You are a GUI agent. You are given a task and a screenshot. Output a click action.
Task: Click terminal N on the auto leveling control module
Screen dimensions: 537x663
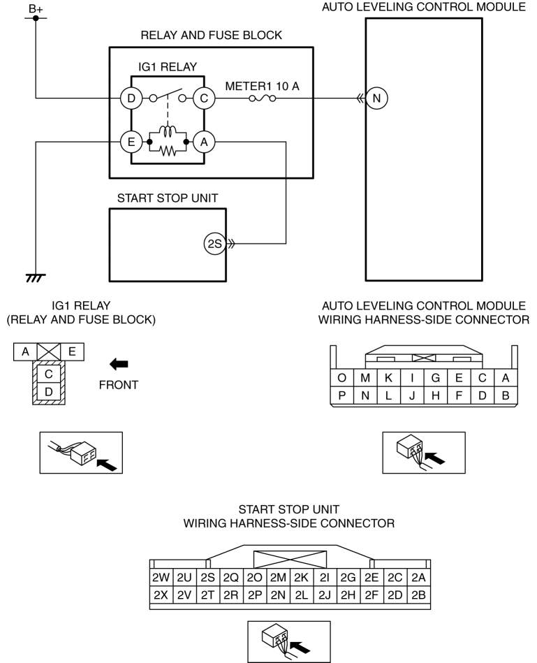(x=376, y=99)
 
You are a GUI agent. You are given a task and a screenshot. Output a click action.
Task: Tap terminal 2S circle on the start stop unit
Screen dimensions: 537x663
(x=215, y=244)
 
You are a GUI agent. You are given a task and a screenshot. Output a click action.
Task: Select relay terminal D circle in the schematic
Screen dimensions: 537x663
(x=131, y=99)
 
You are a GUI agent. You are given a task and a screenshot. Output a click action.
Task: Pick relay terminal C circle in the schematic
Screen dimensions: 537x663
(x=204, y=99)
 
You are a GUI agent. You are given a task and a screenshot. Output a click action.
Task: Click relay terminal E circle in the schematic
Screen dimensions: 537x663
(x=131, y=142)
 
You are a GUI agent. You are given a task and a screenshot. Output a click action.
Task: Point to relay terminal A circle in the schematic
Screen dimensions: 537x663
(x=204, y=142)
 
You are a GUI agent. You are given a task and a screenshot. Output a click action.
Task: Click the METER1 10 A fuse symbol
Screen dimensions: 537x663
(x=263, y=99)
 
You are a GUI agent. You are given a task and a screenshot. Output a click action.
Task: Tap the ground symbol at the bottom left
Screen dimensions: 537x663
(x=36, y=278)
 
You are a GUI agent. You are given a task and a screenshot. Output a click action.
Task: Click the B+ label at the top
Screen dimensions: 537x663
(x=36, y=8)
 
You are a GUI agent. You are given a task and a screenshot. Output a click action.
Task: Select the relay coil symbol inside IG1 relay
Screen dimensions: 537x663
(x=168, y=131)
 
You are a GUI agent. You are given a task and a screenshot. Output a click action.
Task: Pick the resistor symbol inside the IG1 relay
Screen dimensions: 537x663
(x=168, y=150)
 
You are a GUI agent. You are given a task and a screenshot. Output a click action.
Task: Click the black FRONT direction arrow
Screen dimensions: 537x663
(x=119, y=363)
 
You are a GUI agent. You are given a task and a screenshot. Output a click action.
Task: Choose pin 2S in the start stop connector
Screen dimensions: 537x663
(x=207, y=578)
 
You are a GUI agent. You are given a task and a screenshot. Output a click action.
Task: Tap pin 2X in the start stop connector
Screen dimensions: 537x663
(x=161, y=595)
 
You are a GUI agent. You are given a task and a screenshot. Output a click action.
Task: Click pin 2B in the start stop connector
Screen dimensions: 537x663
(x=418, y=595)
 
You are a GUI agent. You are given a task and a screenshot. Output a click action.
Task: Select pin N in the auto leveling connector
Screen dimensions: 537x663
(x=365, y=395)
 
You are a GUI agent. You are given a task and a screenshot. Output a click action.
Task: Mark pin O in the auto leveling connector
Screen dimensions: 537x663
(x=341, y=377)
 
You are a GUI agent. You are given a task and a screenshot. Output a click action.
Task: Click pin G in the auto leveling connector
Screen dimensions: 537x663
(x=436, y=377)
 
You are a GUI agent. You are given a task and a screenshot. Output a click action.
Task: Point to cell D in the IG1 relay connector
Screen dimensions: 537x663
(x=49, y=392)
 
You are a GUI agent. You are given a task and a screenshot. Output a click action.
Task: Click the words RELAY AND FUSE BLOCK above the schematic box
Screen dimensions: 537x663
(x=212, y=35)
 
